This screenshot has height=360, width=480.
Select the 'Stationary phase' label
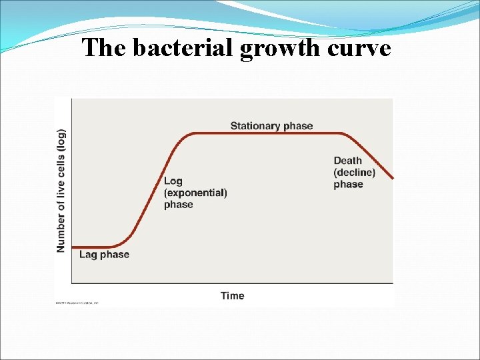point(271,126)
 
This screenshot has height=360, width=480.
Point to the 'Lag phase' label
point(104,254)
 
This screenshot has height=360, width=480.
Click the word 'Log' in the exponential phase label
point(173,181)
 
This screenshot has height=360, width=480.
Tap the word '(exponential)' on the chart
point(195,193)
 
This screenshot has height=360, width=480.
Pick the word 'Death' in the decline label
point(347,161)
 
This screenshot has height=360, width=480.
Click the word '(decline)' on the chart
point(354,173)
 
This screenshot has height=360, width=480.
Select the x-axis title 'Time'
point(233,295)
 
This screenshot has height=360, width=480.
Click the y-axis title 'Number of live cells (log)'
point(61,191)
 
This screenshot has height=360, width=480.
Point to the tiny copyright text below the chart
point(77,303)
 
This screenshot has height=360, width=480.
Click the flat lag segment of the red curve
point(93,247)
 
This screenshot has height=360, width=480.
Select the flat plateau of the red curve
point(267,133)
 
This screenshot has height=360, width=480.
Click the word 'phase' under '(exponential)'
point(178,205)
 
